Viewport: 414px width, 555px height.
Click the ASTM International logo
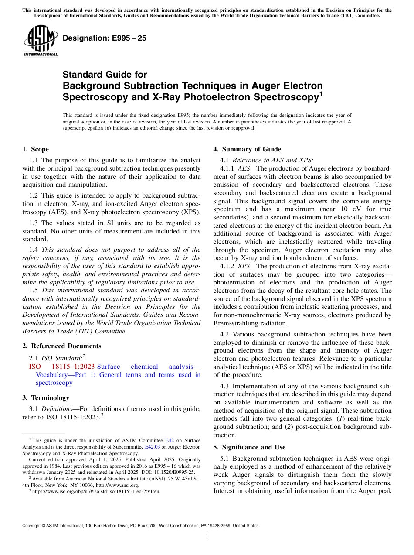click(x=40, y=41)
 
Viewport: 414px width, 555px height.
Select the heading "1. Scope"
click(x=36, y=149)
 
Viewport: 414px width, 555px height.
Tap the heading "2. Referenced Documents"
click(x=62, y=346)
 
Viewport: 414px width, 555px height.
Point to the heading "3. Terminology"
click(x=46, y=398)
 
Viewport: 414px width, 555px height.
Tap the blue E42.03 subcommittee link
click(x=152, y=447)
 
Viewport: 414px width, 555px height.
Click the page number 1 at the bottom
click(x=207, y=536)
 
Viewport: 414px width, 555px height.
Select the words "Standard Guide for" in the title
click(x=105, y=75)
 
